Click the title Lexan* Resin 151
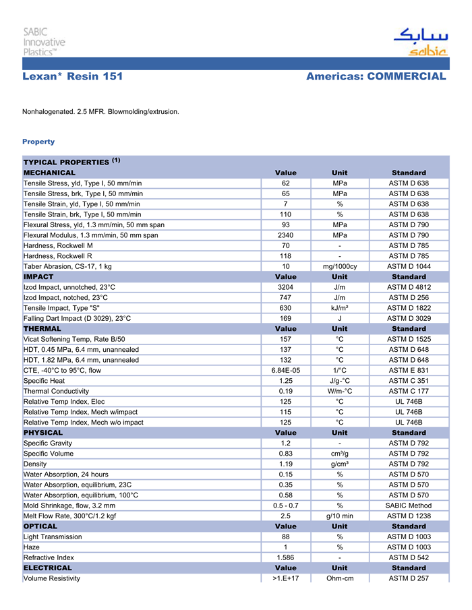click(x=73, y=77)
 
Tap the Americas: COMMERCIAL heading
click(x=376, y=77)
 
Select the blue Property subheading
click(x=38, y=142)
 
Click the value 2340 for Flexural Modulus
click(x=285, y=235)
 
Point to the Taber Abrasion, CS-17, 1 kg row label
click(x=67, y=266)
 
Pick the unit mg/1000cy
click(x=340, y=266)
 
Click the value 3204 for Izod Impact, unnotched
click(x=285, y=287)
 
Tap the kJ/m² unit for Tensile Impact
click(x=340, y=308)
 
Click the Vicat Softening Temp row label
click(x=74, y=339)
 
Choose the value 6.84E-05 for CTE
click(x=285, y=370)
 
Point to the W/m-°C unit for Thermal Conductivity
click(x=340, y=391)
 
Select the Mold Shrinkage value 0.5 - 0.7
click(x=285, y=506)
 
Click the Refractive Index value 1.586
click(x=285, y=557)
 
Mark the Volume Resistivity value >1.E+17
click(x=285, y=578)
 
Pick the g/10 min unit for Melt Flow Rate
click(x=340, y=516)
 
